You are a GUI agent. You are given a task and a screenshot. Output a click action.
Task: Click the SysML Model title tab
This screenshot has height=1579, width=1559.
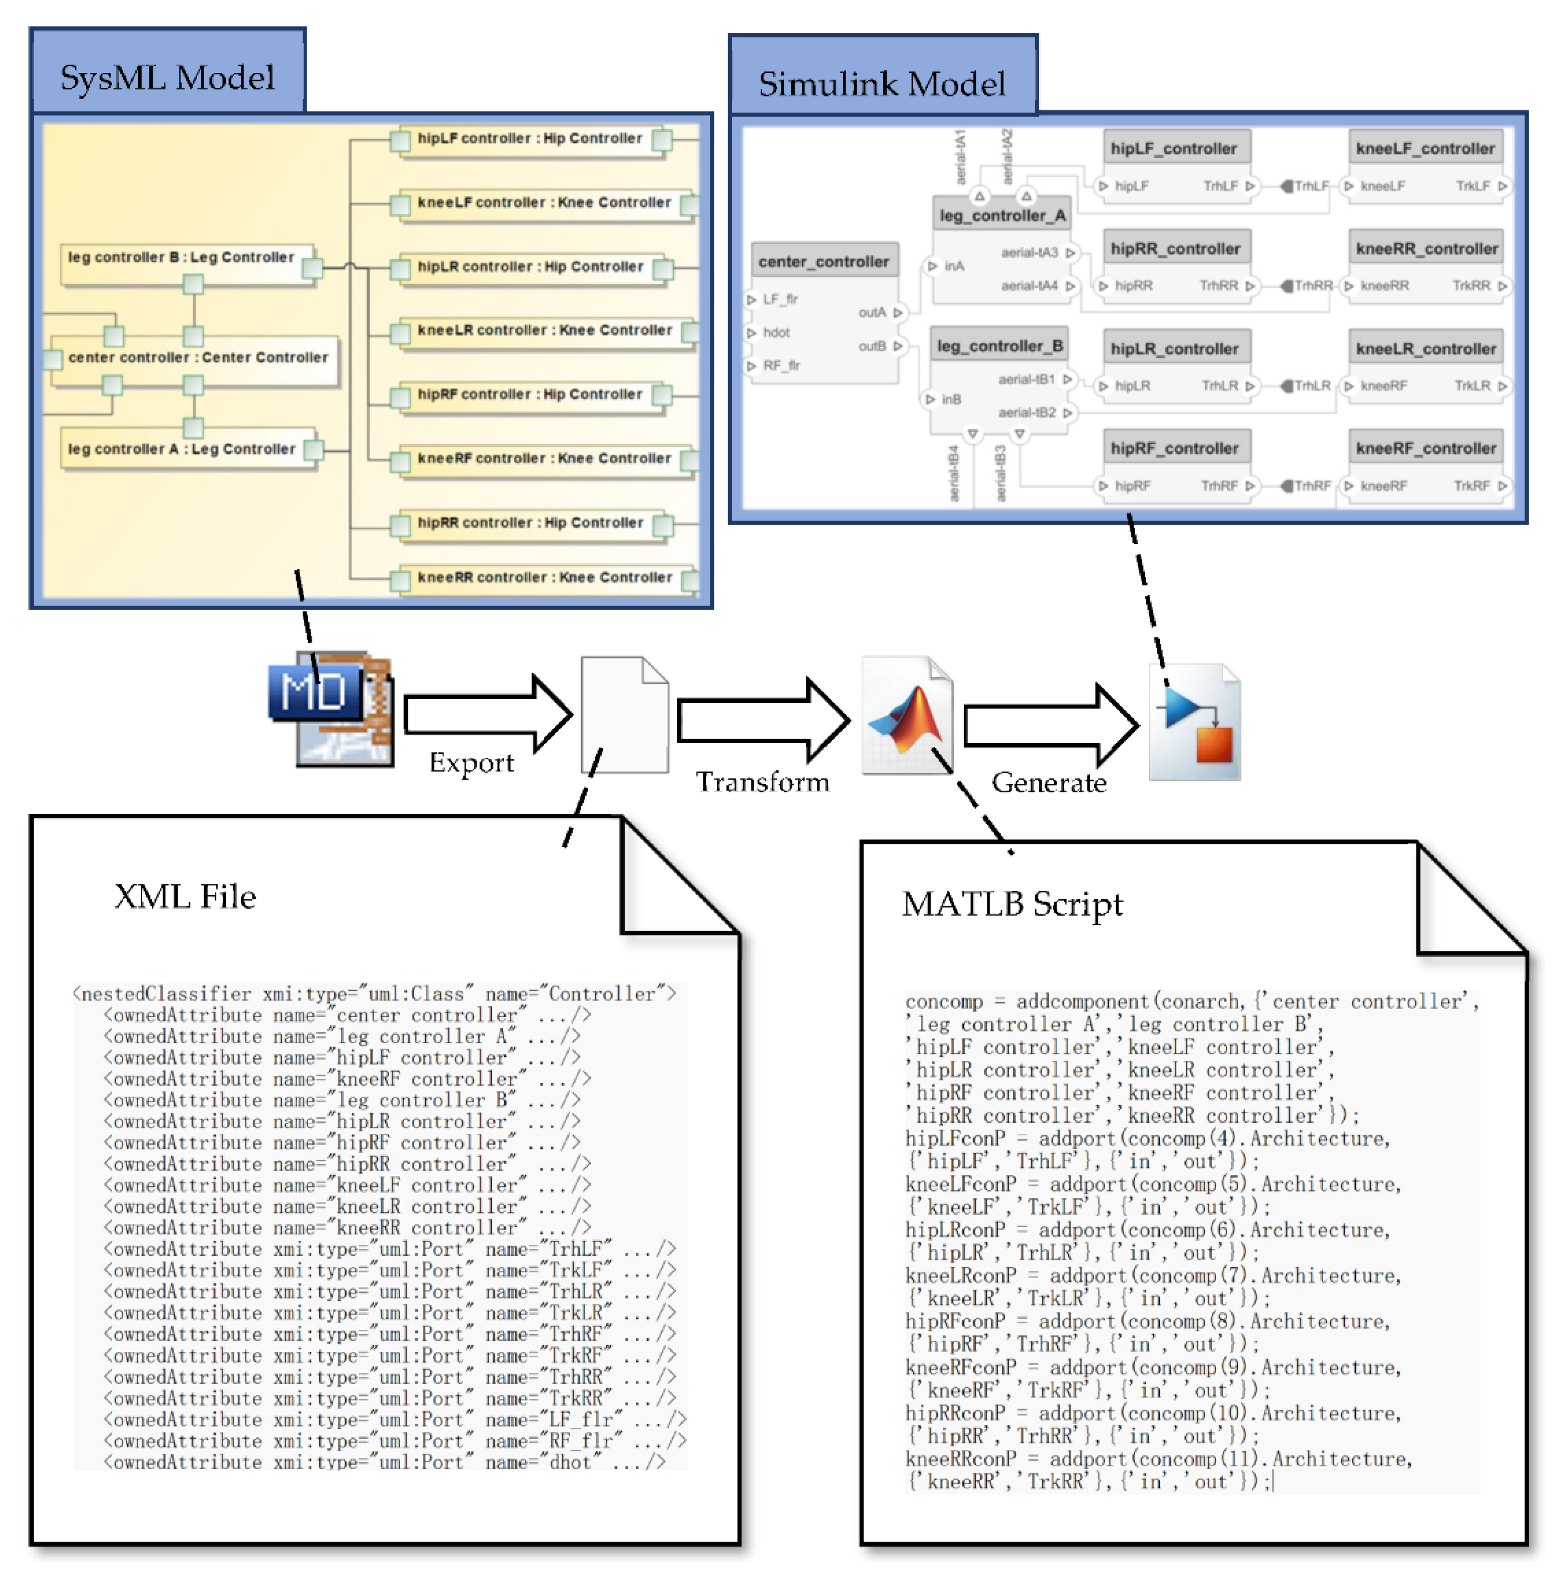(167, 77)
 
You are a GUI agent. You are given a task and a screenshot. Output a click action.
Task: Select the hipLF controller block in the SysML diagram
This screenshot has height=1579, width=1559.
(530, 139)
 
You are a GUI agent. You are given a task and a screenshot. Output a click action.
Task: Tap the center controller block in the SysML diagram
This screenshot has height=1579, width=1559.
(198, 357)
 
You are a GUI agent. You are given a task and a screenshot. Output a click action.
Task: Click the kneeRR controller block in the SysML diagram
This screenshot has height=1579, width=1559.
(544, 577)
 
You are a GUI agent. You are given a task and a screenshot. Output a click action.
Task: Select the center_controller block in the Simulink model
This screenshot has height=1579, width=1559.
(823, 261)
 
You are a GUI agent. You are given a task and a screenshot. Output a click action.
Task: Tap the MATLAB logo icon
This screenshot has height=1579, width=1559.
(906, 715)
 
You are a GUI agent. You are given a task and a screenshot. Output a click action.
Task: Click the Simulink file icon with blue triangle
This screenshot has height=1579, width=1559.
(1195, 722)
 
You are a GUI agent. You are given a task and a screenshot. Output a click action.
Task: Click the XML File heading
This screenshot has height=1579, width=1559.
(185, 897)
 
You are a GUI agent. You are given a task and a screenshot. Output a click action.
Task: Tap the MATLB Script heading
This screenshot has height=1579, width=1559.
(1012, 904)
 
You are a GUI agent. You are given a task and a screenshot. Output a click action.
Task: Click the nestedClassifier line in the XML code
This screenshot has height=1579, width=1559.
(375, 994)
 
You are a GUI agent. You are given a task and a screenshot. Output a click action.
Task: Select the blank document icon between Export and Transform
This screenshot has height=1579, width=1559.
(624, 715)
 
